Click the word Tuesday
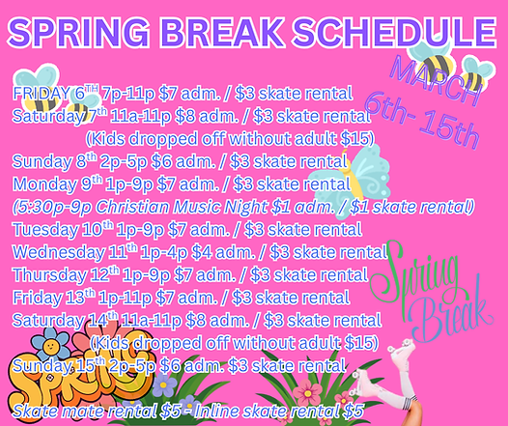(x=45, y=229)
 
